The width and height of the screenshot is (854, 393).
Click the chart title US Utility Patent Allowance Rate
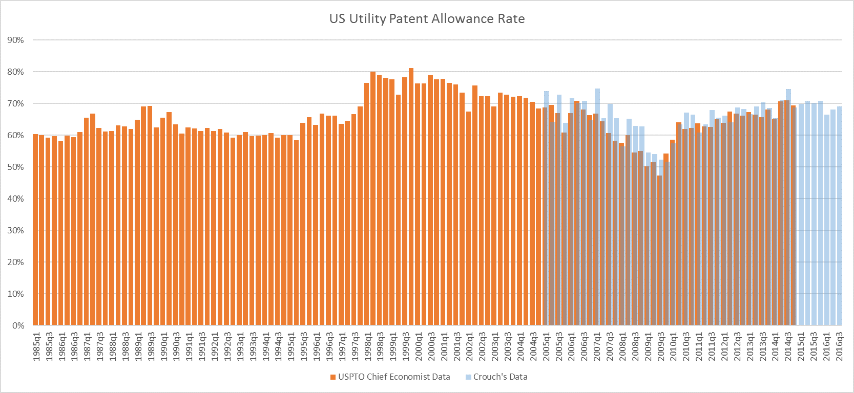click(427, 19)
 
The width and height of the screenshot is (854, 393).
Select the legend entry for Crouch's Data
click(500, 377)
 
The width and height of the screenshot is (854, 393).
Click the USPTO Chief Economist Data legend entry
click(393, 377)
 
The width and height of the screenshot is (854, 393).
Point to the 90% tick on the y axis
click(16, 40)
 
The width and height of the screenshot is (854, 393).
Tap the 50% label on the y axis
click(16, 167)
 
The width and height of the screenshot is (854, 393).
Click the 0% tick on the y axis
click(18, 325)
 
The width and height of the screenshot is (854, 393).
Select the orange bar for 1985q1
click(35, 230)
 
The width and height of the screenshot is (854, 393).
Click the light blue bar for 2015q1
click(801, 215)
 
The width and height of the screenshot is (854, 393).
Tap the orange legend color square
click(333, 377)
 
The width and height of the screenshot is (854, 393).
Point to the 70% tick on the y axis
click(16, 103)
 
